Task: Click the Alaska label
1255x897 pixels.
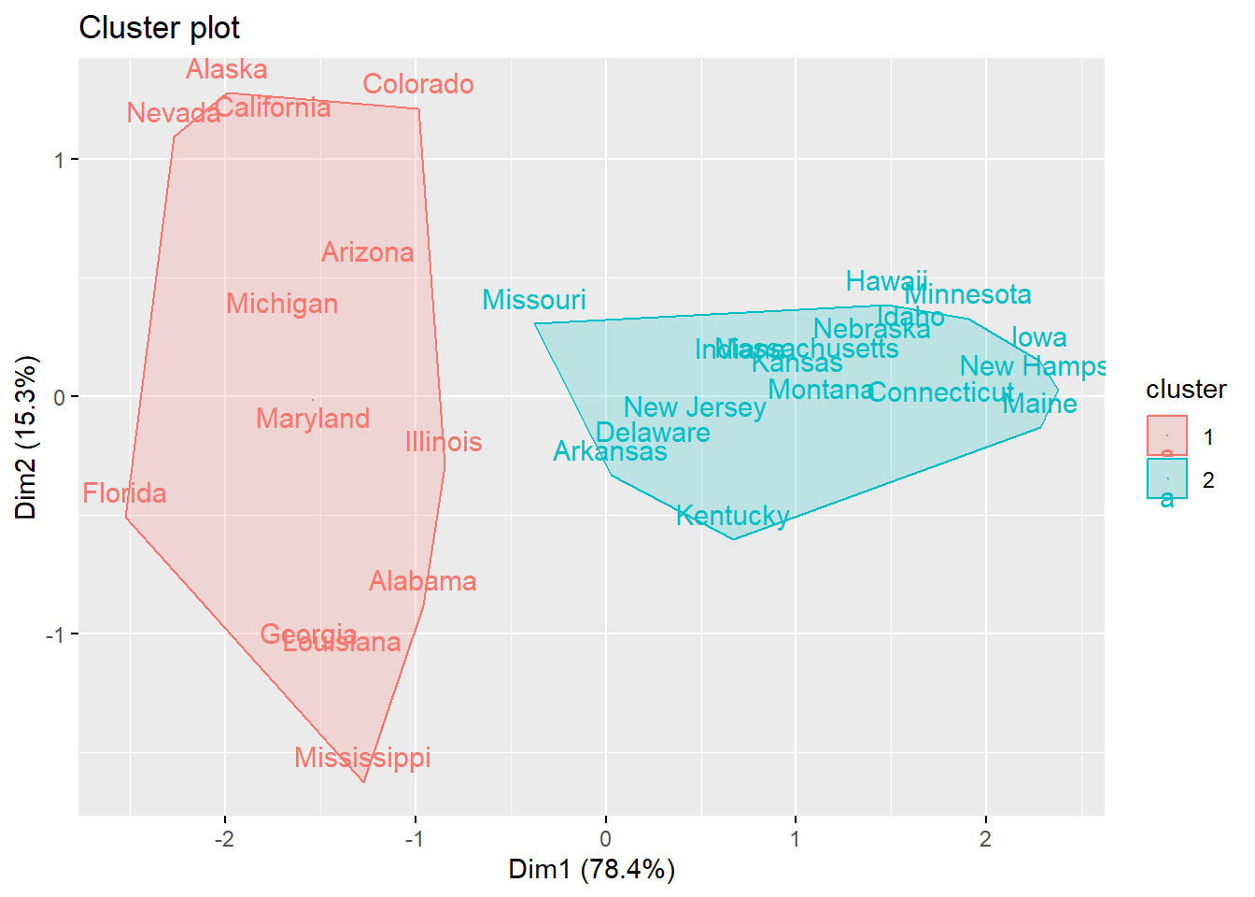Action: coord(227,70)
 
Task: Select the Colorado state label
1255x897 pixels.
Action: coord(418,85)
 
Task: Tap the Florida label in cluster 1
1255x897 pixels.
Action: coord(124,493)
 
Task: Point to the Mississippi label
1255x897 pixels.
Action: coord(362,758)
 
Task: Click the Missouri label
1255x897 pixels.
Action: coord(534,300)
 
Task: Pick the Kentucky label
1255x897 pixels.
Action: coord(733,516)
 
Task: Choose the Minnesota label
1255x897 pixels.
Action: coord(968,295)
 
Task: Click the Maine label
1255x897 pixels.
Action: coord(1039,405)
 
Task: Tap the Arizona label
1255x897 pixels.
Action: coord(367,252)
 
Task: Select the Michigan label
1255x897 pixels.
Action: coord(282,304)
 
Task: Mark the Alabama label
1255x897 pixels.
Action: coord(422,581)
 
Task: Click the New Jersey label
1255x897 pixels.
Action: coord(695,407)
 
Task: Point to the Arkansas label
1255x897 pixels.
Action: coord(610,452)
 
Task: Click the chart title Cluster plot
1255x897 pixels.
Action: coord(160,28)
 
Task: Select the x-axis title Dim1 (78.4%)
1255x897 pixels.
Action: coord(591,870)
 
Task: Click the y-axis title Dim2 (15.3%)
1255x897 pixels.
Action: coord(26,437)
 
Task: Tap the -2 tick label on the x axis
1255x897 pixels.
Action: coord(224,839)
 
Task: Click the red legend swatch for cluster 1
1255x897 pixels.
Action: coord(1166,435)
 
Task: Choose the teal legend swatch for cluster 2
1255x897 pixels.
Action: coord(1166,478)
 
